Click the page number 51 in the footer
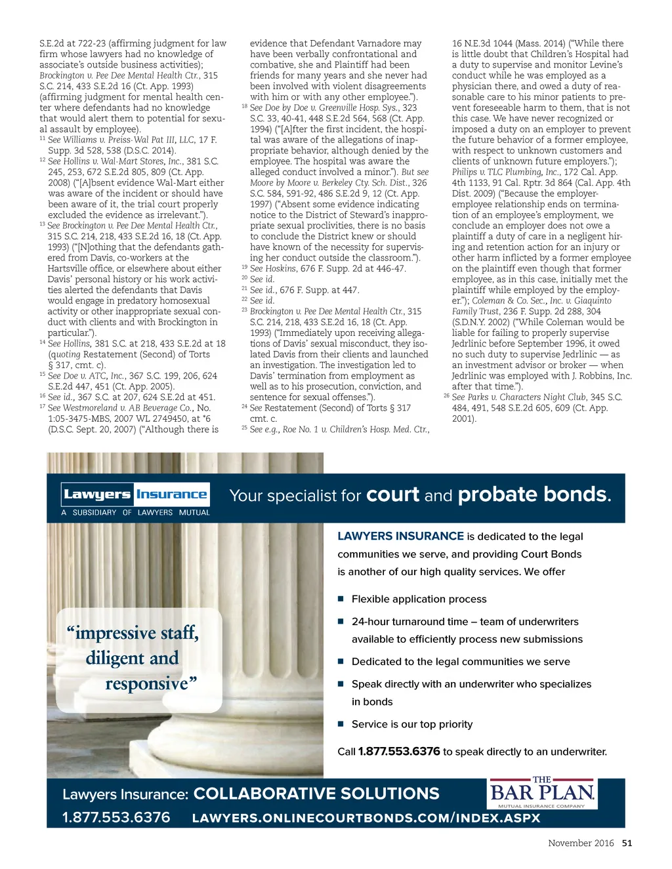point(627,843)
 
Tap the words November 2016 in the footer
point(581,843)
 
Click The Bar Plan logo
point(542,794)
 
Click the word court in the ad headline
point(392,495)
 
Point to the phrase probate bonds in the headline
point(534,495)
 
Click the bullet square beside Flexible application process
point(341,599)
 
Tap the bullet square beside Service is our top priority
point(341,724)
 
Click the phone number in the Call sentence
point(399,752)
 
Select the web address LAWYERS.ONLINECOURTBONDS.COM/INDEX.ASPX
point(366,818)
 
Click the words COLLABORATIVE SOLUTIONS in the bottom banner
point(316,794)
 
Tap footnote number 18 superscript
point(245,106)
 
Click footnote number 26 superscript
point(447,395)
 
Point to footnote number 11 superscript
point(43,138)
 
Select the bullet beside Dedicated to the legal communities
point(341,661)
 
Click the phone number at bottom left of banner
point(116,818)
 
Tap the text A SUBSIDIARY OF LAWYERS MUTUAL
point(136,513)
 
